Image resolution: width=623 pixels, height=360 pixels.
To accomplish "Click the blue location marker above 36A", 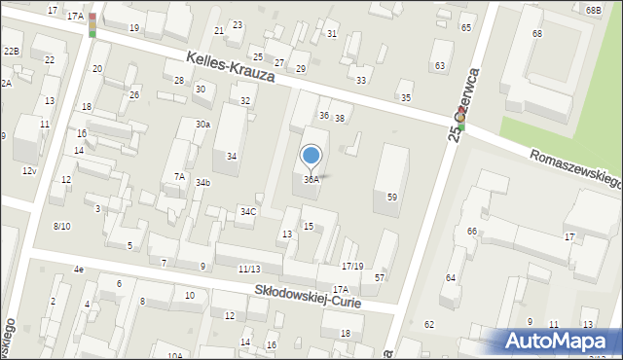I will pyautogui.click(x=311, y=156).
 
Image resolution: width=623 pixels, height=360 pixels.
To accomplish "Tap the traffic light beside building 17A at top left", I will pyautogui.click(x=92, y=24).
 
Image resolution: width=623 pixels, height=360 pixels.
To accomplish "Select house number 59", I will pyautogui.click(x=392, y=198).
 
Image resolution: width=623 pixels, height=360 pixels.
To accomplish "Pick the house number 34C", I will pyautogui.click(x=248, y=211).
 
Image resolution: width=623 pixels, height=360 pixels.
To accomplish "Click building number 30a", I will pyautogui.click(x=202, y=125).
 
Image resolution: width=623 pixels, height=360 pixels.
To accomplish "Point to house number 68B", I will pyautogui.click(x=594, y=10).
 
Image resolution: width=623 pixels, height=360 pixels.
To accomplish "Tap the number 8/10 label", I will pyautogui.click(x=61, y=226).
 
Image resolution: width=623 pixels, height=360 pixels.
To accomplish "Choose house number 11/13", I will pyautogui.click(x=249, y=269).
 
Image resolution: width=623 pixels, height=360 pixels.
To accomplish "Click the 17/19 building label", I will pyautogui.click(x=352, y=267).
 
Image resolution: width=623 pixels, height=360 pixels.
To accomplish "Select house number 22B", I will pyautogui.click(x=12, y=51).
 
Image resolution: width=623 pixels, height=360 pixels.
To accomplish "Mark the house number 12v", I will pyautogui.click(x=29, y=171).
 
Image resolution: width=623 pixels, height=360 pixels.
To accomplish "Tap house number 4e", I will pyautogui.click(x=78, y=269).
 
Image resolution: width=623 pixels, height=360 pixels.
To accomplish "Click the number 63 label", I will pyautogui.click(x=440, y=65).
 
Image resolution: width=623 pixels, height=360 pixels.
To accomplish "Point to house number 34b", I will pyautogui.click(x=202, y=183).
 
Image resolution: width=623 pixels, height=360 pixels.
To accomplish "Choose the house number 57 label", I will pyautogui.click(x=380, y=278).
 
